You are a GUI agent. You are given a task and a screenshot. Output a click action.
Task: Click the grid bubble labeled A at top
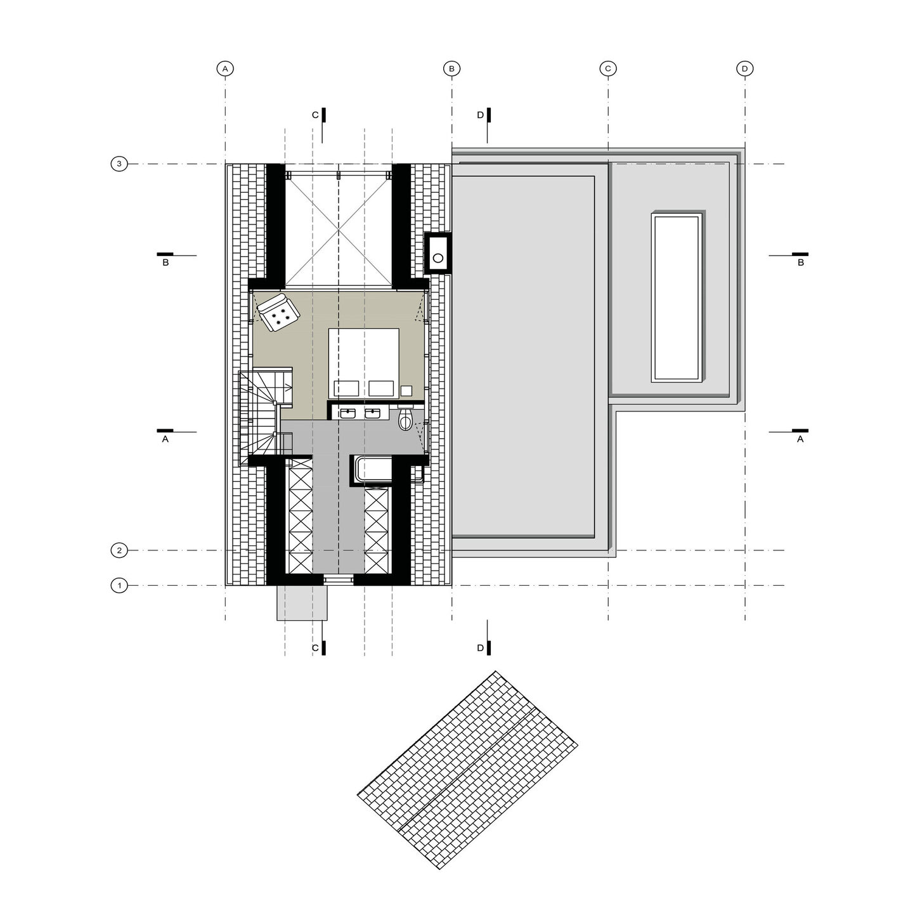pos(225,68)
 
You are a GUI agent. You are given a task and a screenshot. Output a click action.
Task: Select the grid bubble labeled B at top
pos(451,68)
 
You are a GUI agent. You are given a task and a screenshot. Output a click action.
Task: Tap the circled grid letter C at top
pos(608,68)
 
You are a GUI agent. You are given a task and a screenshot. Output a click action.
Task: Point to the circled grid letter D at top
pos(745,68)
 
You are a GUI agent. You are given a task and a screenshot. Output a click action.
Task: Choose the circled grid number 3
pos(119,164)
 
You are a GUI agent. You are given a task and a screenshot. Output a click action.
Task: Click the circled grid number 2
pos(119,550)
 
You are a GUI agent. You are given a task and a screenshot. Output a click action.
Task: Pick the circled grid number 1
pos(119,586)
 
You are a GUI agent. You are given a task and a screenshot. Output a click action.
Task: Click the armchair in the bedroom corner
pos(278,313)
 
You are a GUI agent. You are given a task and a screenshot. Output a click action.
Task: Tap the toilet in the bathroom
pos(405,418)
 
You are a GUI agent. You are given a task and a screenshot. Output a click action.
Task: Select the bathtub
pos(374,470)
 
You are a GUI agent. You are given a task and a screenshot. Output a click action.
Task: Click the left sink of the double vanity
pos(348,413)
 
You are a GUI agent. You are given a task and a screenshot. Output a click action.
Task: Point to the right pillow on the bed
pos(382,388)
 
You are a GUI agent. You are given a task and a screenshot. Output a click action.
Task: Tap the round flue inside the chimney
pos(438,258)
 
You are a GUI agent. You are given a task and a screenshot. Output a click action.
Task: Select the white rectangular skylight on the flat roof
pos(676,297)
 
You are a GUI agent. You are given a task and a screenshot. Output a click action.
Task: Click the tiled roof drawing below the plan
pos(467,770)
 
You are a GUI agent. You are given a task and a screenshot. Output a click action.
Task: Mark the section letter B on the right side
pos(801,262)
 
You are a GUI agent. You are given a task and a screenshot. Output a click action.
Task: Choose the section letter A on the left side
pos(165,439)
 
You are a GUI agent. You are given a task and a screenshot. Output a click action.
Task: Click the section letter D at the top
pos(481,115)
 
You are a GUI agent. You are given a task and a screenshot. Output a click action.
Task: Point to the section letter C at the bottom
pos(316,648)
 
